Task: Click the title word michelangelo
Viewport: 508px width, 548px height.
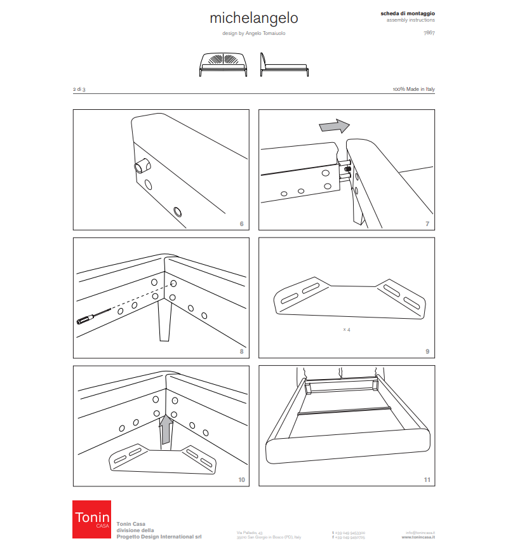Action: (253, 18)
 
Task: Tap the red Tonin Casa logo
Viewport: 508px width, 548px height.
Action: (91, 519)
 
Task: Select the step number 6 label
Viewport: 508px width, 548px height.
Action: (241, 224)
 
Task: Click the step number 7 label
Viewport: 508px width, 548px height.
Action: (427, 224)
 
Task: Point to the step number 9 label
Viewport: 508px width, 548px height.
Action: (427, 351)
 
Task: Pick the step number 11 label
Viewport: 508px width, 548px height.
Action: (427, 479)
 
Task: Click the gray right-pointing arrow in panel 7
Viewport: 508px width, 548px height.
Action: (334, 126)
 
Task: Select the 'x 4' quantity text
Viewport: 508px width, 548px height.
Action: (347, 330)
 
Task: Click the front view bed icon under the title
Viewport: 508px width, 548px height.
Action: (223, 64)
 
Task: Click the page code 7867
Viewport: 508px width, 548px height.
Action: (429, 32)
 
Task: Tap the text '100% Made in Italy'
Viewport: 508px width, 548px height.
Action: (413, 90)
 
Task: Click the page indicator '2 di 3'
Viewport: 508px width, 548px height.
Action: (79, 90)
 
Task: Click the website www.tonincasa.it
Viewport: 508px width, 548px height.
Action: (418, 537)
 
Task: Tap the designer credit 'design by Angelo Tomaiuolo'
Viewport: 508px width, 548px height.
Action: (253, 33)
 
